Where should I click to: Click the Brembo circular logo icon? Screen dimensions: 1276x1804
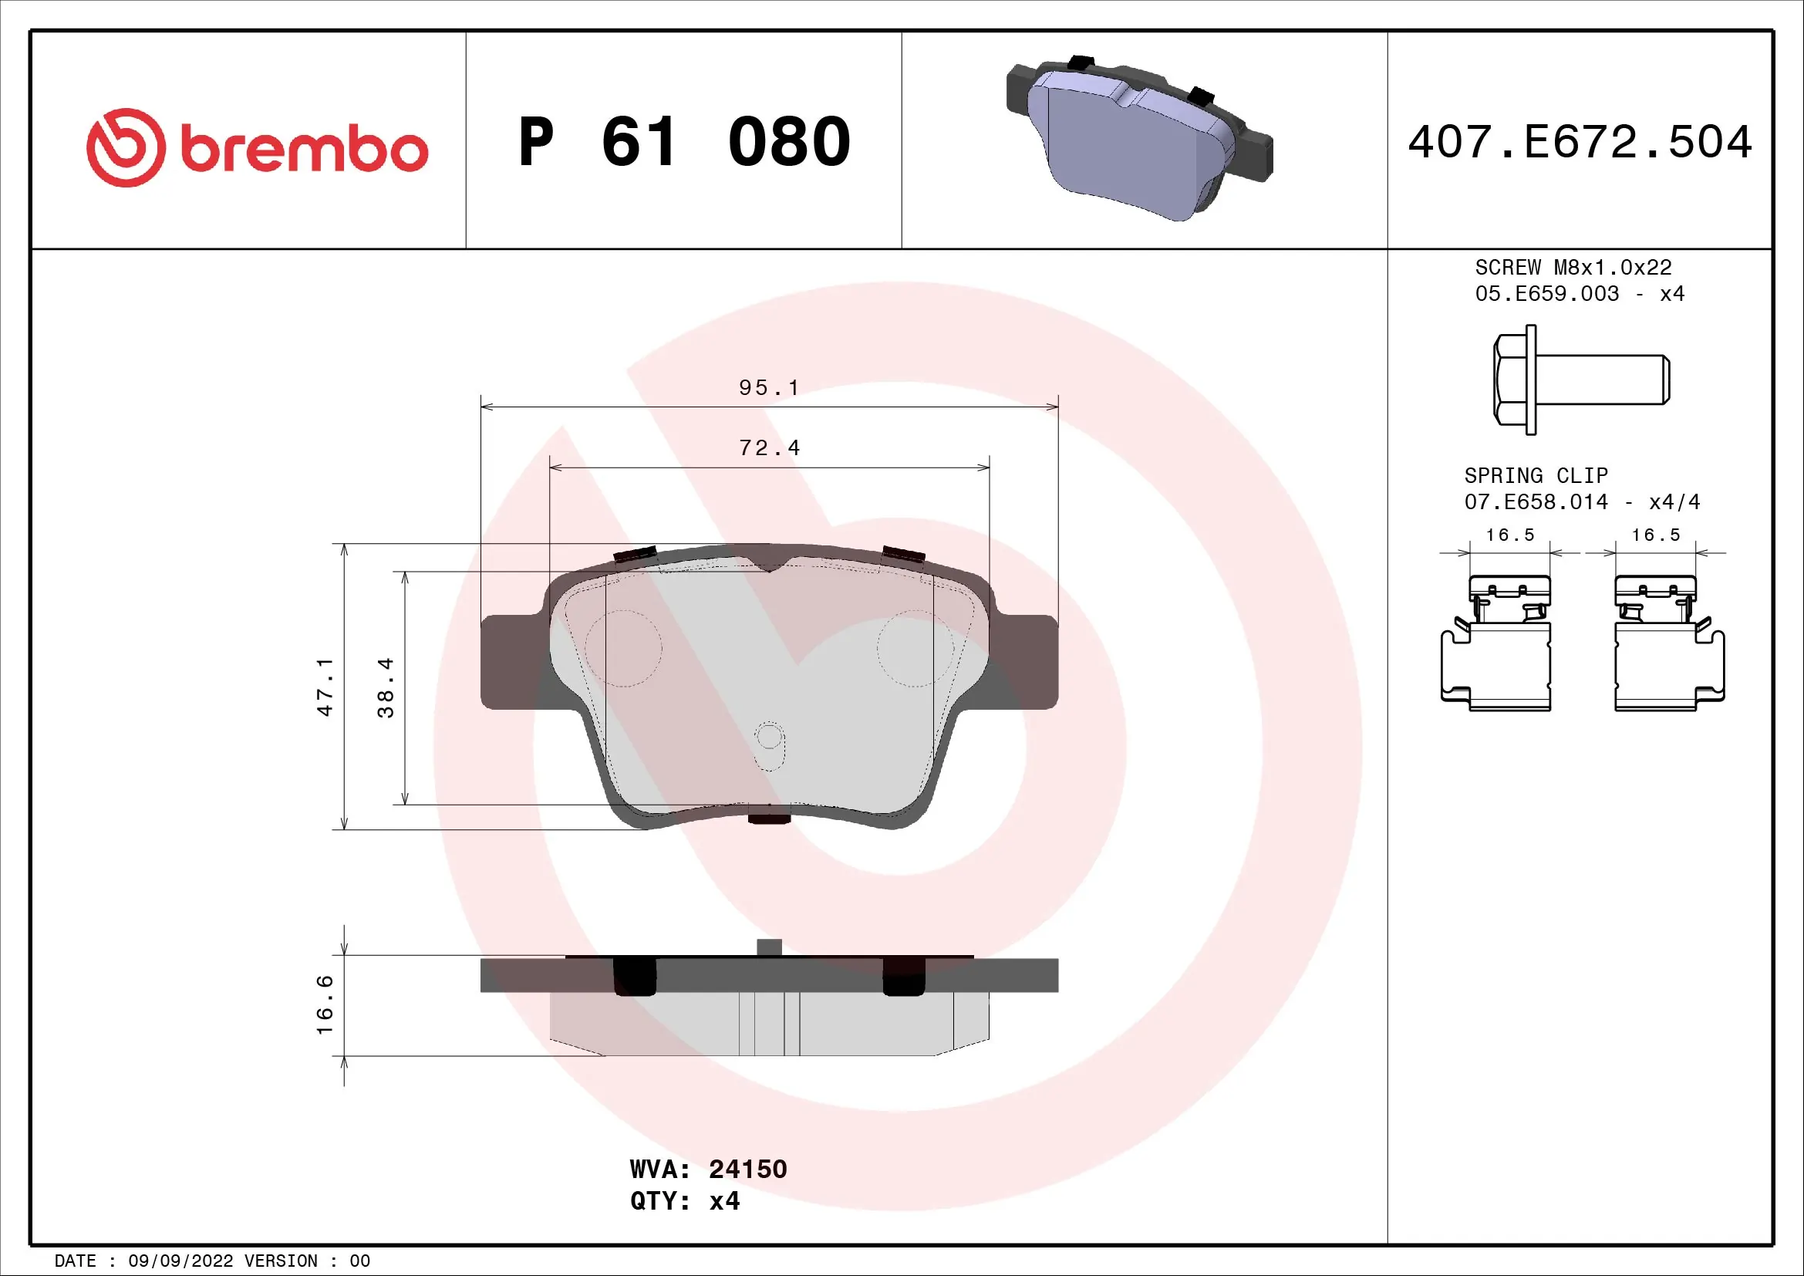click(126, 147)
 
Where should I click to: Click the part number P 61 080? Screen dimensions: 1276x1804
click(683, 142)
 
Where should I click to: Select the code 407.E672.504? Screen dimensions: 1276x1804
click(1580, 142)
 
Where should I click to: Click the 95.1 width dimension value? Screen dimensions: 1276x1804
click(768, 388)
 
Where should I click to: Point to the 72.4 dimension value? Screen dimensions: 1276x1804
click(768, 448)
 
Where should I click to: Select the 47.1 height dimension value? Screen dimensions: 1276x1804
click(325, 687)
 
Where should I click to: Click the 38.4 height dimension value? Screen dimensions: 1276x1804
click(386, 687)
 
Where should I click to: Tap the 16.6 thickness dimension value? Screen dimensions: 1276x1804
click(325, 1005)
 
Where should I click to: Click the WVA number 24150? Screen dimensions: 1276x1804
click(747, 1169)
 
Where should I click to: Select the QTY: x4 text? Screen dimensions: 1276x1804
click(684, 1201)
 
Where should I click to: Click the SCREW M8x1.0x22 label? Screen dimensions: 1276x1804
click(1573, 268)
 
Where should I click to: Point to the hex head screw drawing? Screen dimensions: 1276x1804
click(1580, 380)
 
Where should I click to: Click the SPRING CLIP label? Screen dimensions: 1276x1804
click(1536, 476)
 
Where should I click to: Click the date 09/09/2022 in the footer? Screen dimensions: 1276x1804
click(180, 1261)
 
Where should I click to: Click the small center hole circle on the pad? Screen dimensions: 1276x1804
click(769, 737)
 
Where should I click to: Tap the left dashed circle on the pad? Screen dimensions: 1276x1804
click(624, 648)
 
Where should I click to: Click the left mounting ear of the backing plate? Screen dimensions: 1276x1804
click(511, 662)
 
